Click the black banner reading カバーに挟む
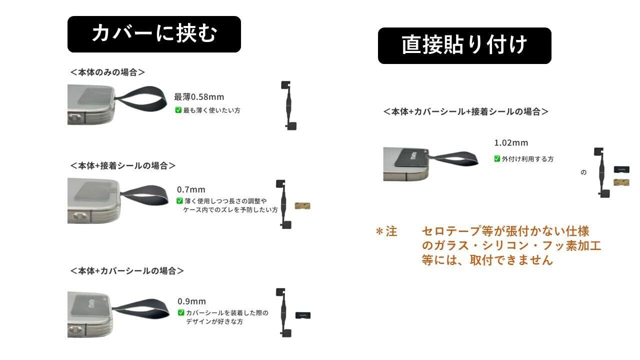click(x=154, y=34)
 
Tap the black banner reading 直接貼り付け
click(x=464, y=45)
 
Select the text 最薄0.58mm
click(x=199, y=96)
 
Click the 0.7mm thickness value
click(x=191, y=189)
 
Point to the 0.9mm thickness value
click(x=191, y=301)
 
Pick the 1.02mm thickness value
click(x=511, y=143)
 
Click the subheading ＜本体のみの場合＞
click(x=107, y=72)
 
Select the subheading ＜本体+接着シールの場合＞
click(x=123, y=165)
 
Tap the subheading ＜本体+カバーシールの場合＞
click(x=127, y=271)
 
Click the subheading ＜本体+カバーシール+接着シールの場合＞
click(x=465, y=111)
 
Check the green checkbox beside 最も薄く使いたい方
click(x=178, y=110)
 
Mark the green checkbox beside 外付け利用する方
click(x=497, y=159)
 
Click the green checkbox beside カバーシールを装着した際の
click(x=181, y=313)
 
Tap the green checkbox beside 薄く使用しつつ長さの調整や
click(x=180, y=201)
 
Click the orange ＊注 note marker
click(x=386, y=232)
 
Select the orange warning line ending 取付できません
click(x=487, y=260)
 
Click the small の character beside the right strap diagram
click(x=583, y=173)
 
